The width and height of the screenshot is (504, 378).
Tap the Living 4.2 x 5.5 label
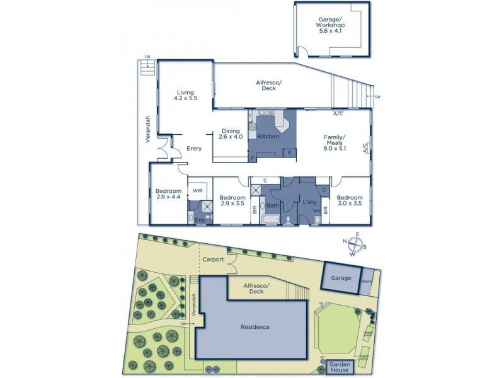(x=185, y=95)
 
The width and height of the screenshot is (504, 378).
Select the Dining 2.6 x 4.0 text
(x=231, y=133)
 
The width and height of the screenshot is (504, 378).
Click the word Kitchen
(x=268, y=136)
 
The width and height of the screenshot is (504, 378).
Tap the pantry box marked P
(x=290, y=152)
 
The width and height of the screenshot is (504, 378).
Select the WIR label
(x=197, y=190)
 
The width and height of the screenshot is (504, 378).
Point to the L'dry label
(x=309, y=202)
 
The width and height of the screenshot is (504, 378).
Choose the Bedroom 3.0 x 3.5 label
(x=349, y=200)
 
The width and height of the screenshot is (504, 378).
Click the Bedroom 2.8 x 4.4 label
(x=168, y=195)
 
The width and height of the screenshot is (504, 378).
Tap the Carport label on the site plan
(x=214, y=259)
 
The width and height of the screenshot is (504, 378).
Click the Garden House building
(x=340, y=367)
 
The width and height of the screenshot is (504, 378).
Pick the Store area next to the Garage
(x=367, y=280)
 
